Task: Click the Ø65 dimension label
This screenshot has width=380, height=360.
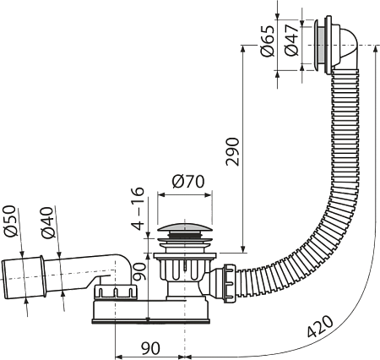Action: click(268, 41)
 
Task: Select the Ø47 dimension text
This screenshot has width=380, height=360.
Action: click(291, 41)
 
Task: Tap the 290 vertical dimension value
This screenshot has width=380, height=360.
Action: click(232, 151)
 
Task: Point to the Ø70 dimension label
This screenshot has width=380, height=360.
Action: click(188, 182)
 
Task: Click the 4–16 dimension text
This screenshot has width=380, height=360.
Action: click(138, 209)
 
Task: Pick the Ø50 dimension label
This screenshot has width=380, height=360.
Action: click(9, 221)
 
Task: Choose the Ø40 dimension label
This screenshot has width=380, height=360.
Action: click(47, 222)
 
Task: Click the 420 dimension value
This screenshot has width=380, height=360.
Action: click(320, 326)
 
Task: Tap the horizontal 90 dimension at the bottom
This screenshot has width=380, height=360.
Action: click(150, 348)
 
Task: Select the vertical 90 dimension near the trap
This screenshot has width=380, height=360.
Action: click(139, 271)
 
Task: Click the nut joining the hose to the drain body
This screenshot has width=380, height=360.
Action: click(230, 283)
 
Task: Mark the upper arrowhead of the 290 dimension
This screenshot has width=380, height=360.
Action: click(243, 48)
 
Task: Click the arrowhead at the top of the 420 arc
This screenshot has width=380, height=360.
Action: click(375, 49)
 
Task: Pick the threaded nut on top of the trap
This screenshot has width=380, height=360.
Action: click(116, 292)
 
